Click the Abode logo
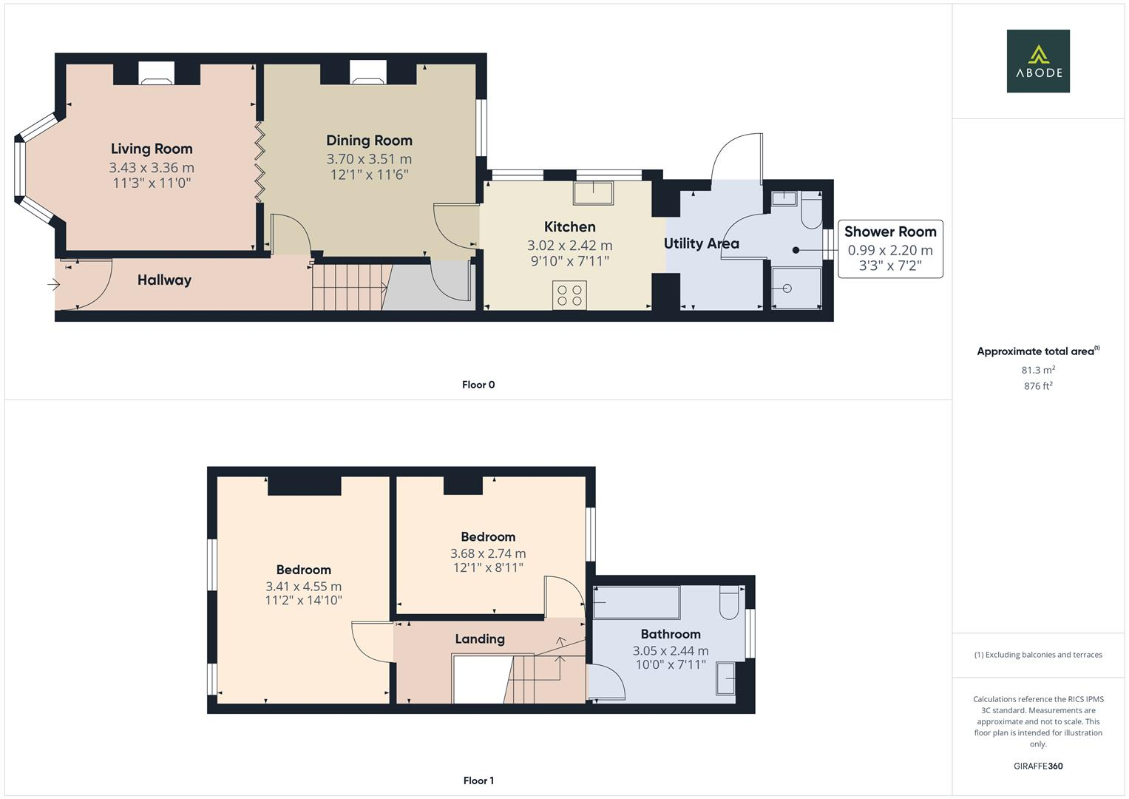point(1037,61)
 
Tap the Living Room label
point(152,149)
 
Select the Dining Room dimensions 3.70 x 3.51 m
point(369,159)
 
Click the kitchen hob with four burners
point(569,294)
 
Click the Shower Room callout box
point(890,249)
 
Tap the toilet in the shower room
point(811,211)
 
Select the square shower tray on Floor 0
point(796,288)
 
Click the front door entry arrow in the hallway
point(54,284)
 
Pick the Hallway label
point(164,280)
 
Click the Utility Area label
point(701,243)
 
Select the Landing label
point(480,638)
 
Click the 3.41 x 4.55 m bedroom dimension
point(303,586)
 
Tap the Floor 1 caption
point(478,781)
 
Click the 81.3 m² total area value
point(1037,370)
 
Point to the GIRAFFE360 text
point(1037,766)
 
